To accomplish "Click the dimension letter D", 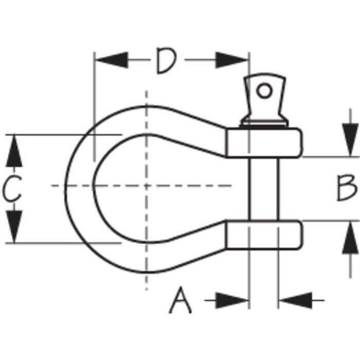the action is (166, 61).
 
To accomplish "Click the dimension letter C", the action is (12, 188).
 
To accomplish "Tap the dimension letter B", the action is (347, 188).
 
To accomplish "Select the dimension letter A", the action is (180, 300).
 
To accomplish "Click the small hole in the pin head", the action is (264, 91).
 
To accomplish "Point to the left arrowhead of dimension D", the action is (112, 60).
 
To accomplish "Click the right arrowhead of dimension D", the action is (231, 60).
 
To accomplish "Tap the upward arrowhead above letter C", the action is (14, 151).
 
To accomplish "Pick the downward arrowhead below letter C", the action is (14, 226).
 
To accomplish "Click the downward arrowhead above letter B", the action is (350, 139).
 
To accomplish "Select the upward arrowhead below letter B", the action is (350, 238).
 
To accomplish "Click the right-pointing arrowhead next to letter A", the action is (231, 300).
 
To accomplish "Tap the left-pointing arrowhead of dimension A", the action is (296, 300).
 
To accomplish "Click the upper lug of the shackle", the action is (263, 143).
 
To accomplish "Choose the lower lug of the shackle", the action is (263, 235).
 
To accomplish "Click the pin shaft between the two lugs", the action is (264, 189).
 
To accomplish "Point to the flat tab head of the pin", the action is (264, 97).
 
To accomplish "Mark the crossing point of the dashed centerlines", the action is (147, 186).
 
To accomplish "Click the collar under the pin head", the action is (264, 123).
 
